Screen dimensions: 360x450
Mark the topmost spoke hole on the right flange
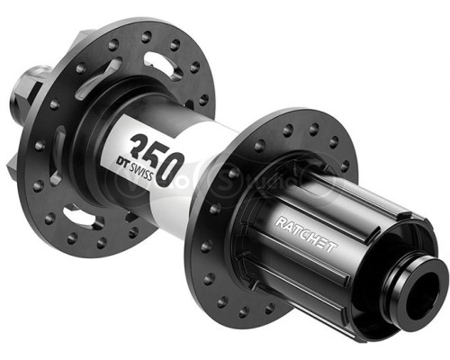[x=286, y=121]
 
